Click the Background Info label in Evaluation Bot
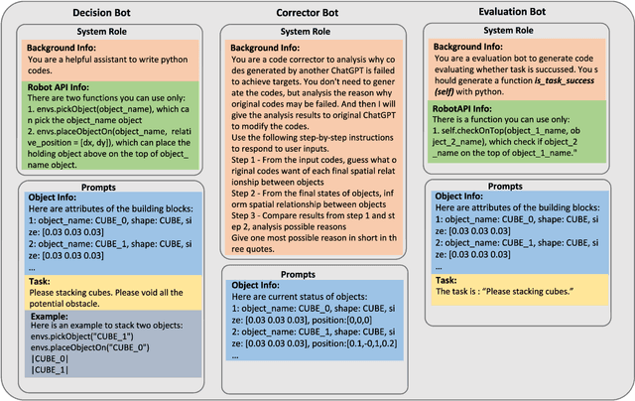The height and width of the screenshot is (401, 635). coord(469,47)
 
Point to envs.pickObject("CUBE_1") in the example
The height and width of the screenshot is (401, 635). coord(76,338)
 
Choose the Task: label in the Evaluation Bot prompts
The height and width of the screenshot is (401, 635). coord(445,281)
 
